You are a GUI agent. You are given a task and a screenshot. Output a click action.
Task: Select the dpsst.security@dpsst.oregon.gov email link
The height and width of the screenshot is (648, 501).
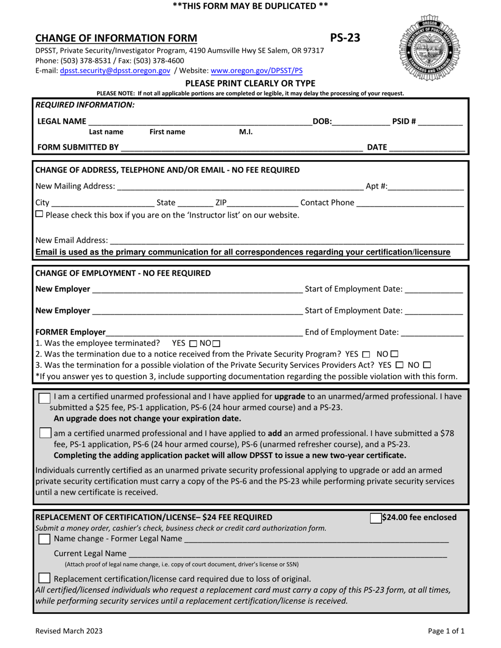(115, 70)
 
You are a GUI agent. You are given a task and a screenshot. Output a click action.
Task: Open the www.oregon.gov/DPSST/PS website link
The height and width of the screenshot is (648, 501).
(257, 70)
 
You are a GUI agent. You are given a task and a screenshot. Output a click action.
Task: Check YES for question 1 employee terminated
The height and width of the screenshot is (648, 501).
(192, 343)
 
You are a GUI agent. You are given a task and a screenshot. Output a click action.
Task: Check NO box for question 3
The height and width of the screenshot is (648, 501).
(427, 365)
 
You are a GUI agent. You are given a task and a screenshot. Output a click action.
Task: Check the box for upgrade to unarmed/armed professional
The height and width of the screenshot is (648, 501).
(45, 398)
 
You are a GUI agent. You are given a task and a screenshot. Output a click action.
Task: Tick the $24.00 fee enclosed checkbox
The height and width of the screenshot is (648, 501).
(375, 518)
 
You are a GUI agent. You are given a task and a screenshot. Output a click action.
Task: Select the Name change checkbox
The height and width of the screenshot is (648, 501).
(45, 539)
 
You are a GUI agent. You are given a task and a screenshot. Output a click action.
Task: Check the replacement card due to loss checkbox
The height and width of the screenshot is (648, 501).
(45, 579)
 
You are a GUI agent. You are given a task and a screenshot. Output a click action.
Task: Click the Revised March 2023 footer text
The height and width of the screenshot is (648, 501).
(69, 631)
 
